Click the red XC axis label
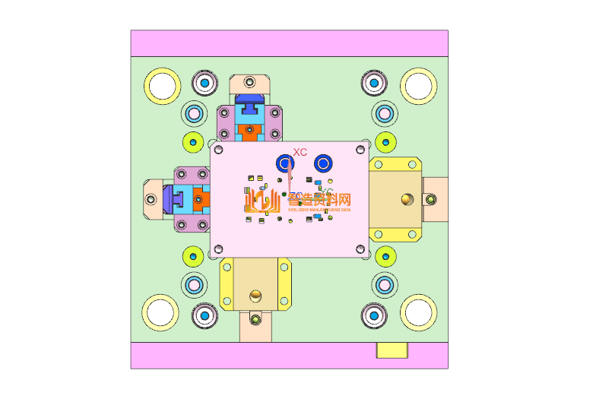[300, 153]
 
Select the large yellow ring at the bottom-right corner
[418, 312]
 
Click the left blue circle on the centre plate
[285, 163]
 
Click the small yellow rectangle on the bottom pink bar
[392, 350]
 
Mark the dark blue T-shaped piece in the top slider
[249, 102]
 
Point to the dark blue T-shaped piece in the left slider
[172, 198]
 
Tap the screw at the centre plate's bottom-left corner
[220, 248]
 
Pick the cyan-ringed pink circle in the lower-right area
[384, 284]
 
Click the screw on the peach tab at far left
[150, 198]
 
